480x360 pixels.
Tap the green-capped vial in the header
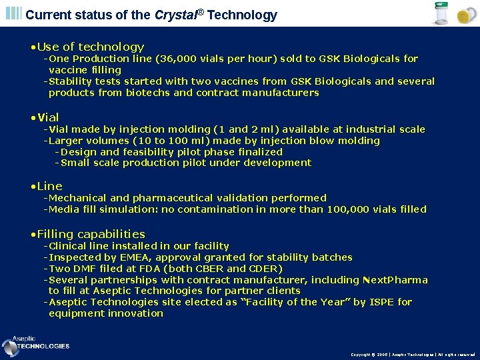441,13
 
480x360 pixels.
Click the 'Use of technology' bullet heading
91,47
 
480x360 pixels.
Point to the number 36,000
177,59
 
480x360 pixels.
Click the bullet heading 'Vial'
48,117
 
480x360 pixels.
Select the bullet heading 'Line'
49,186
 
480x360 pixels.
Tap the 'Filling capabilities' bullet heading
91,234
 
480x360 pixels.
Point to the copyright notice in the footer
413,355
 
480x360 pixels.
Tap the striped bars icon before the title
13,13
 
